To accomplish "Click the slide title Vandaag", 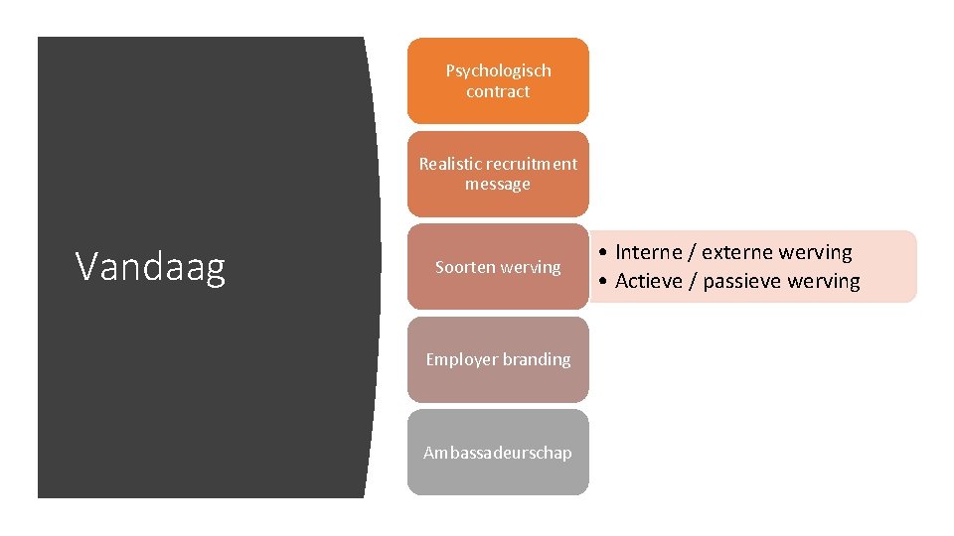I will click(150, 267).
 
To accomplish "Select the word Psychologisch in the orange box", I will click(498, 70).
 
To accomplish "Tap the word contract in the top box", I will click(498, 91).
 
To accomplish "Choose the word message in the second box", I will click(498, 185).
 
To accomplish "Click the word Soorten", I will click(465, 267).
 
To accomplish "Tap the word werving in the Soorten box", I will click(531, 267).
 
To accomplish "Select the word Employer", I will click(461, 359).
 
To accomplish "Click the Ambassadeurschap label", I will click(498, 453).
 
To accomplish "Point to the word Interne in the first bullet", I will click(649, 253).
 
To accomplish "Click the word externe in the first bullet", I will click(739, 253).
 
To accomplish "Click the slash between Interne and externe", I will click(692, 253).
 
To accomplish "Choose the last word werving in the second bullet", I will click(824, 281).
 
